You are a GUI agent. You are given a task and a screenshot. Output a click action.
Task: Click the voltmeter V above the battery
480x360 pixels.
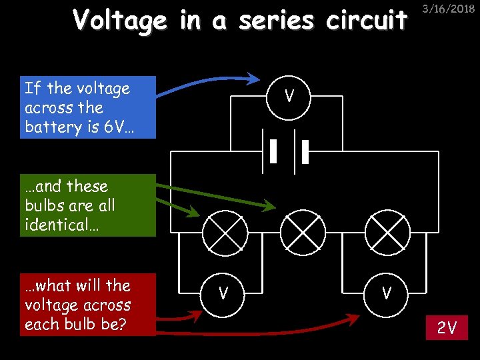pyautogui.click(x=289, y=97)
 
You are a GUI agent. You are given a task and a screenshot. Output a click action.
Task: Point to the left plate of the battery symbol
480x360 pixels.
pyautogui.click(x=273, y=151)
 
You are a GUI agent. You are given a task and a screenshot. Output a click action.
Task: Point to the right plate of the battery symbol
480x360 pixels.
pyautogui.click(x=305, y=151)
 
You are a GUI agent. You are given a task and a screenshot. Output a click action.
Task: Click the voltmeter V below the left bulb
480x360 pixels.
pyautogui.click(x=224, y=293)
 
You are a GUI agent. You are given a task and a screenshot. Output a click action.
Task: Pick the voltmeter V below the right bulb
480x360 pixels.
pyautogui.click(x=386, y=293)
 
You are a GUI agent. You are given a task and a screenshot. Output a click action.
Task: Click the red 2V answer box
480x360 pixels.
pyautogui.click(x=447, y=327)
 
